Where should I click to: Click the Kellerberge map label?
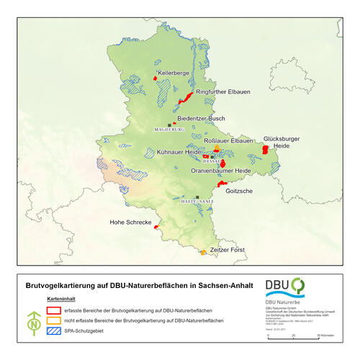(x=173, y=73)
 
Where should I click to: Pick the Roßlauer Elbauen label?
(x=229, y=141)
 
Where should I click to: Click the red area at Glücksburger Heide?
(x=265, y=149)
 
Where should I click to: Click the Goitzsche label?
(x=238, y=191)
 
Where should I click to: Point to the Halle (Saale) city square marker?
(x=197, y=197)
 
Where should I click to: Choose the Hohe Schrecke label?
(x=130, y=222)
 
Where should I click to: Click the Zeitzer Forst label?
(x=227, y=249)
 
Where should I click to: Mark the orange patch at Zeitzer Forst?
(x=204, y=252)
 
